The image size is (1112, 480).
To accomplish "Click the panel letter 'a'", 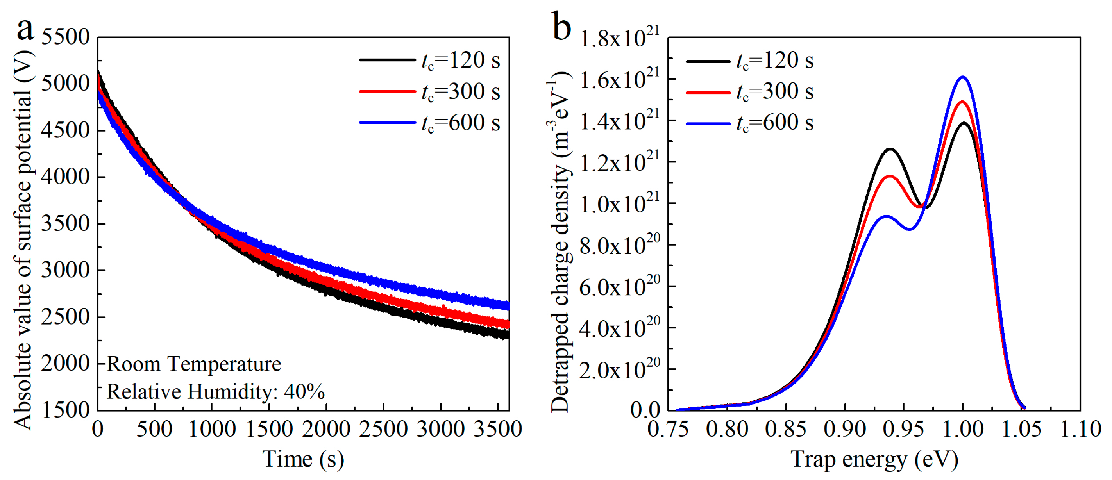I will pos(25,29).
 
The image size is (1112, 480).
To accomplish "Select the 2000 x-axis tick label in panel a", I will pos(326,429).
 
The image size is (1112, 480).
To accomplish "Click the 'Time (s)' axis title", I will pos(304,459).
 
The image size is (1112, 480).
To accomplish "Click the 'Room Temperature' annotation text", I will pos(194,364).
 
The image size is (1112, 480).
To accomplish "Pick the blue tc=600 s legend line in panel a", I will pos(387,123).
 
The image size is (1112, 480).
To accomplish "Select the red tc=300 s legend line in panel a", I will pos(387,91).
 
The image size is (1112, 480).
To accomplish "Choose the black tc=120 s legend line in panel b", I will pos(708,61).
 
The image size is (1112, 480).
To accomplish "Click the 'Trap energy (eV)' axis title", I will pos(874,459).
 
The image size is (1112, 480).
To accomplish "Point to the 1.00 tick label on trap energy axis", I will pos(963,429).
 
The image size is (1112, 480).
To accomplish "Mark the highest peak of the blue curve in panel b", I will pos(963,77).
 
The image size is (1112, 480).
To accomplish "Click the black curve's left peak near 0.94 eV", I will pos(890,149).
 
